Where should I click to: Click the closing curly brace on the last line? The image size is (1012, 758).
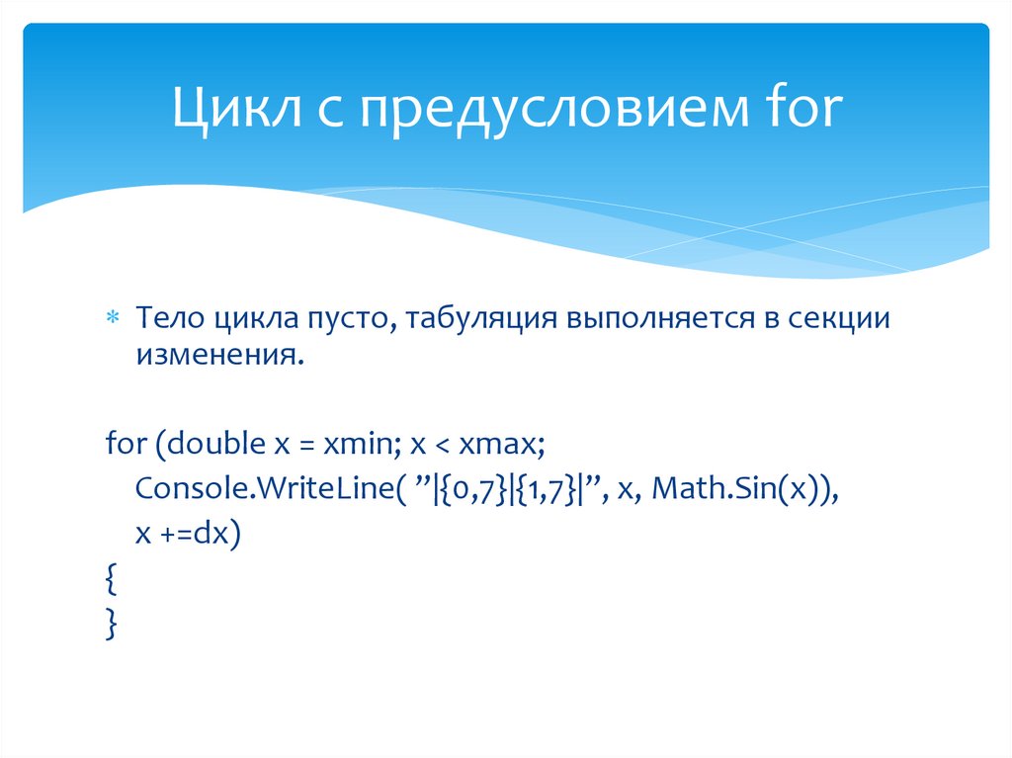(112, 626)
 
